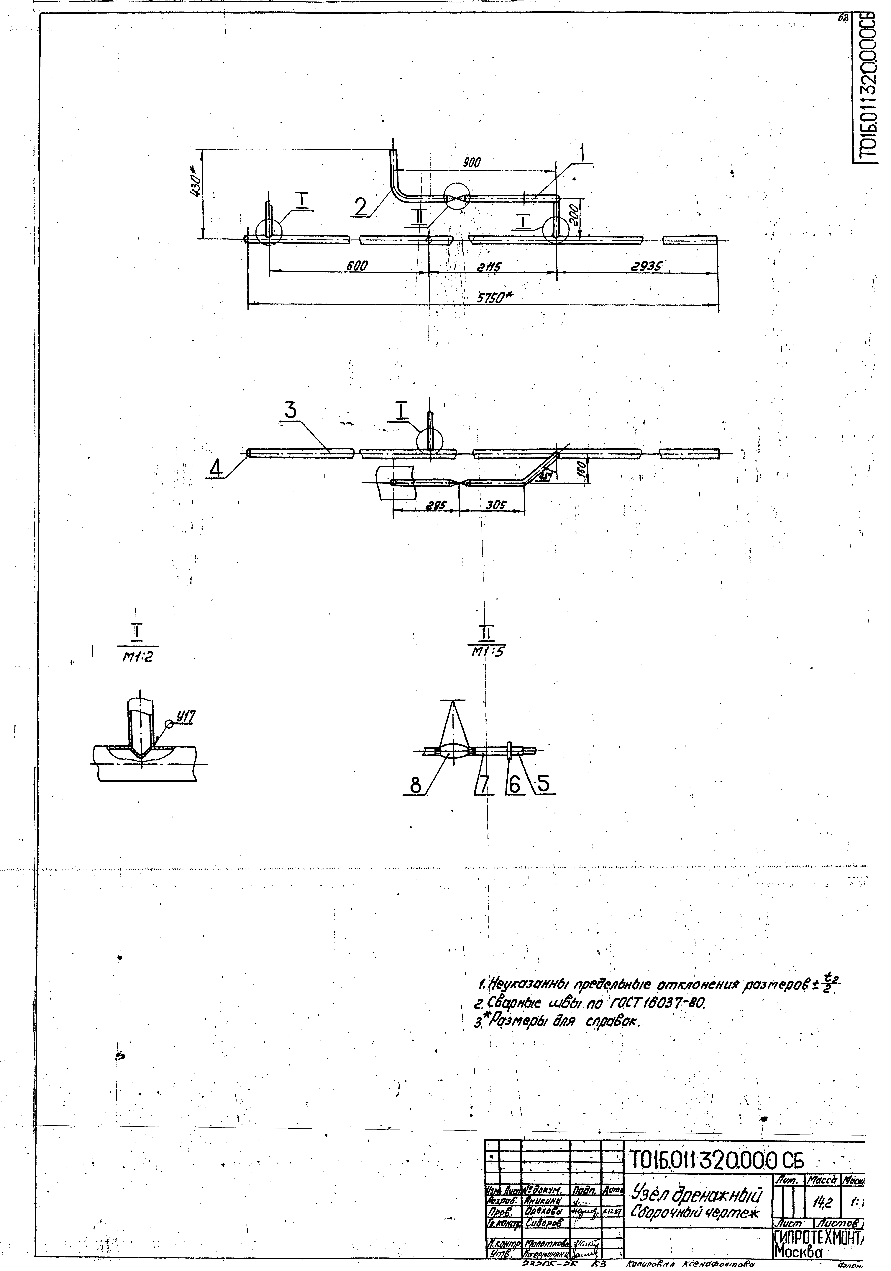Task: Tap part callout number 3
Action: pos(291,410)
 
